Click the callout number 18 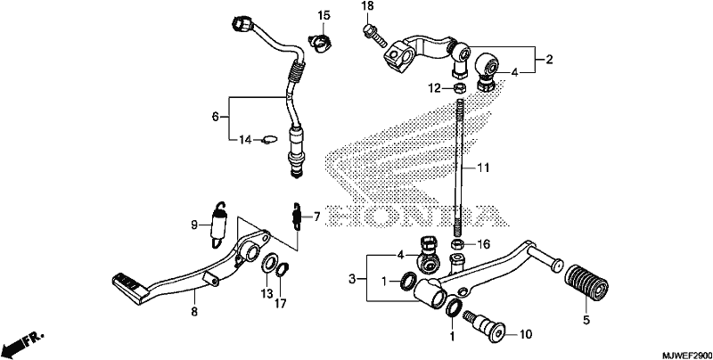point(367,6)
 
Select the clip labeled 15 point(321,40)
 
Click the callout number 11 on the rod point(483,168)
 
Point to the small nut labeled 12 point(459,86)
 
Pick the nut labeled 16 point(458,244)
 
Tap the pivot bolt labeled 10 point(486,326)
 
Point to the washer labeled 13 point(269,265)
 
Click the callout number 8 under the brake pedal point(194,312)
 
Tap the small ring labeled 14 point(270,140)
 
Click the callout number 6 point(215,117)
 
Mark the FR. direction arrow point(24,344)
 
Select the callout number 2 point(549,59)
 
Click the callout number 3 point(351,279)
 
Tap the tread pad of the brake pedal point(128,287)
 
